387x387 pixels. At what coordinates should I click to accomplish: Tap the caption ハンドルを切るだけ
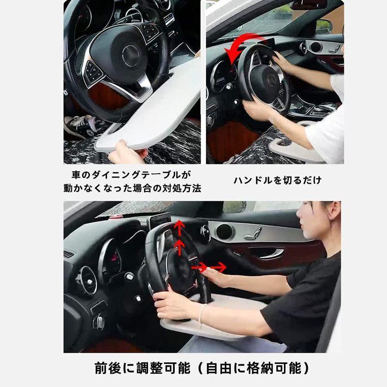tap(278, 180)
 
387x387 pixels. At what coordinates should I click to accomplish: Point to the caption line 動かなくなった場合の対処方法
tap(132, 188)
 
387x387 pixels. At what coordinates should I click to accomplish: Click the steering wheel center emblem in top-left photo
tap(131, 56)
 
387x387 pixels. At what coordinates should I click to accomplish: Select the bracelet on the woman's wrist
tap(201, 315)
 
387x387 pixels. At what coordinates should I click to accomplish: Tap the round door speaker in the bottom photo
tap(224, 232)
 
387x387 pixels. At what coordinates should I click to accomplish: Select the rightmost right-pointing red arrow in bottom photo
tap(219, 267)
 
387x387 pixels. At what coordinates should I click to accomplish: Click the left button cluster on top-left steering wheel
tap(93, 73)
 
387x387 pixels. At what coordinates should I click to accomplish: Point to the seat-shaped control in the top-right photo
tap(334, 48)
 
